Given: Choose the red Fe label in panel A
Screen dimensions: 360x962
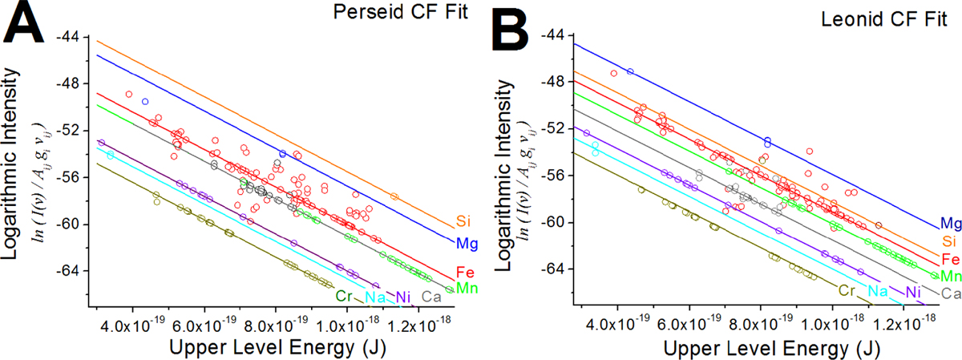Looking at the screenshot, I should [x=464, y=271].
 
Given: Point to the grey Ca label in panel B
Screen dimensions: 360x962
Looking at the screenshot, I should [x=950, y=293].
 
